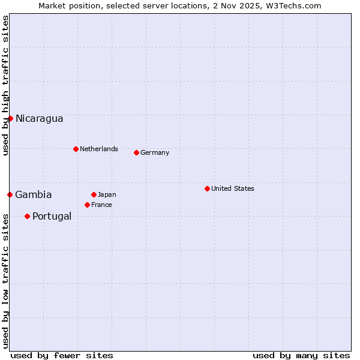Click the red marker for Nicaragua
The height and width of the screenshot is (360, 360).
click(10, 118)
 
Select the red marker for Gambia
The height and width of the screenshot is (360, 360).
click(10, 194)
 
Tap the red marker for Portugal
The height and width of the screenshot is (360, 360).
click(27, 216)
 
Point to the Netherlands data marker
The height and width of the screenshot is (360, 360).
click(76, 149)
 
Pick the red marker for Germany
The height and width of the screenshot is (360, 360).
click(136, 152)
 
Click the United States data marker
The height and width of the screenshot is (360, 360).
click(207, 188)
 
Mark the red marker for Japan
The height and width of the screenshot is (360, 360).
click(94, 194)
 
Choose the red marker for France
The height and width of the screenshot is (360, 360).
click(87, 205)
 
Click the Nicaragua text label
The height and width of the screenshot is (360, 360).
click(39, 118)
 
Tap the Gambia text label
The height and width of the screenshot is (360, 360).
click(34, 194)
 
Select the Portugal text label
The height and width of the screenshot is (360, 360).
click(52, 216)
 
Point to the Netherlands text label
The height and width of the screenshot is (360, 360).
click(99, 149)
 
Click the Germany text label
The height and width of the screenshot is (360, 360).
click(155, 152)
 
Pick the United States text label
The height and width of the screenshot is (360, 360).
click(233, 188)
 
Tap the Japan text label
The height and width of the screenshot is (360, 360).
click(107, 194)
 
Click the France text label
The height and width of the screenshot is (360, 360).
click(101, 205)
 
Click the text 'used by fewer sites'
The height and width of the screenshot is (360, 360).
click(62, 355)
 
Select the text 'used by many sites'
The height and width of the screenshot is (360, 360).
click(301, 355)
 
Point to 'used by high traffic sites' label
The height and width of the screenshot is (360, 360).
click(5, 85)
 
